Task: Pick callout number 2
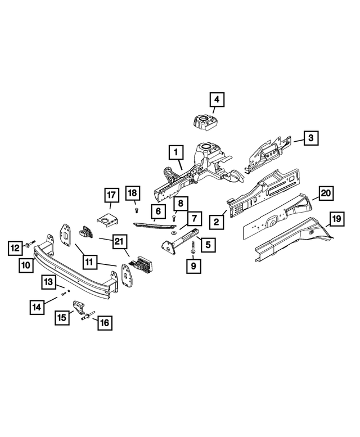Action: point(215,222)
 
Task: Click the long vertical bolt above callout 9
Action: point(193,247)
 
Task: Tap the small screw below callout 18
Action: point(137,210)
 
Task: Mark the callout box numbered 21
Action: point(118,242)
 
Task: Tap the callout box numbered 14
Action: point(38,307)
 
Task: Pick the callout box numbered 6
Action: point(157,211)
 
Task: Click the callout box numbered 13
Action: point(49,281)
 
